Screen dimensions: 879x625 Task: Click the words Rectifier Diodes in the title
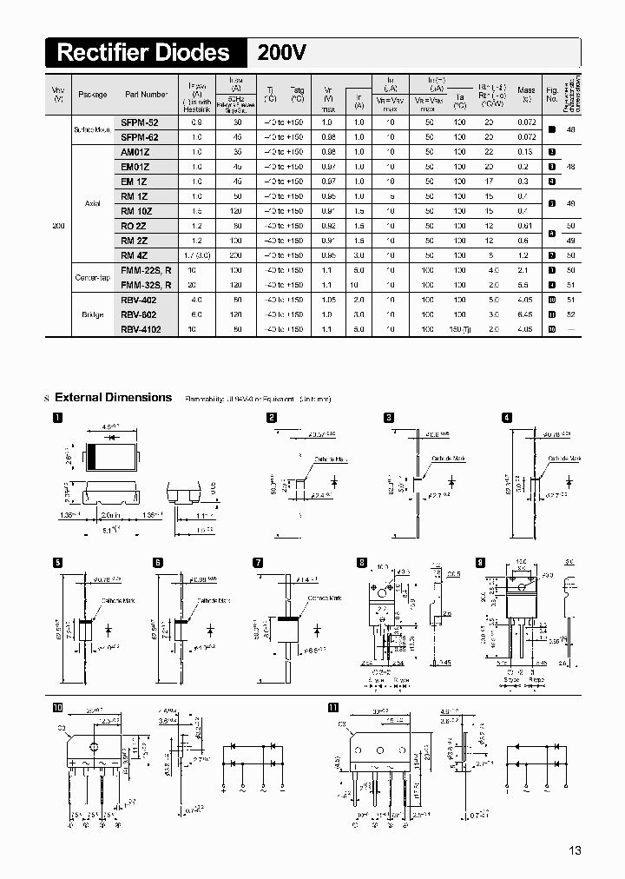click(143, 53)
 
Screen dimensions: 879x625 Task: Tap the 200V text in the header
click(282, 53)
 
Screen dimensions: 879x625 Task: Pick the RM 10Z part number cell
click(137, 211)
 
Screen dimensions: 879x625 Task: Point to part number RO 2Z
click(135, 226)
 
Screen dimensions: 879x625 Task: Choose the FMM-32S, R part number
click(146, 284)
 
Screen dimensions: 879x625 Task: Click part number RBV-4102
click(141, 329)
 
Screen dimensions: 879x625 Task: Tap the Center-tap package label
click(92, 277)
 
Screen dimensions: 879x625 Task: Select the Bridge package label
click(92, 314)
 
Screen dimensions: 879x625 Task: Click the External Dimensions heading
click(113, 398)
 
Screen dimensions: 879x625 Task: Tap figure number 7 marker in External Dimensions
click(258, 563)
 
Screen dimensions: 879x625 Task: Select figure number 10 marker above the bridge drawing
click(58, 707)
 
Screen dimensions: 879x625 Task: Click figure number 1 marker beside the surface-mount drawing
click(57, 418)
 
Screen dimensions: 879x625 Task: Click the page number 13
click(576, 849)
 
